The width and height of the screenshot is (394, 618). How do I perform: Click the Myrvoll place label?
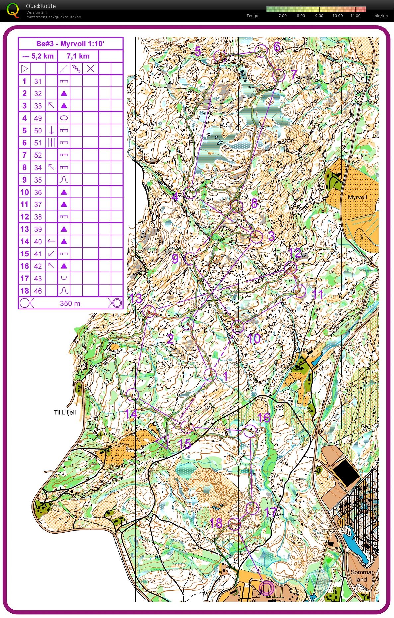[x=357, y=197]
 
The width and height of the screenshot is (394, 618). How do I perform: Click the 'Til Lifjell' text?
[x=65, y=412]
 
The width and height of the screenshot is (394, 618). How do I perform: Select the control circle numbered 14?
[x=132, y=395]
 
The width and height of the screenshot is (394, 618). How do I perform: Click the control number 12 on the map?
[x=295, y=253]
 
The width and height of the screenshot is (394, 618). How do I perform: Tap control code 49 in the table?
[x=38, y=118]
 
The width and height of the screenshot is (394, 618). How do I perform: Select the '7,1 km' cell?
[x=78, y=56]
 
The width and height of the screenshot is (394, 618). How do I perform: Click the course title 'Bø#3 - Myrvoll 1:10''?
[x=70, y=44]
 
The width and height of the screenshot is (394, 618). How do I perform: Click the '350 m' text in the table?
[x=70, y=303]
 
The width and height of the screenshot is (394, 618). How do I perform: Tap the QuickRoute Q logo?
[x=13, y=10]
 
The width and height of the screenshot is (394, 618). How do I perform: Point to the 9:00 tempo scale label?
[x=319, y=16]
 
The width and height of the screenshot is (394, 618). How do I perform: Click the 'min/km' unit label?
[x=380, y=16]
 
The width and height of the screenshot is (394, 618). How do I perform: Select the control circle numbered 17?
[x=252, y=508]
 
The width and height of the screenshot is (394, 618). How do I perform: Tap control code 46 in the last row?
[x=38, y=291]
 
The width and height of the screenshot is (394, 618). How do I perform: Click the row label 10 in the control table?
[x=24, y=192]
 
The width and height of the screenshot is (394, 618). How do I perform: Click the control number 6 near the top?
[x=277, y=47]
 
